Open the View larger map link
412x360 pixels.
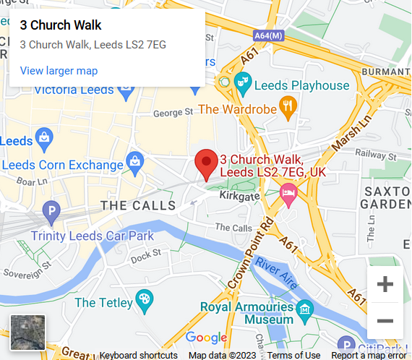pyautogui.click(x=59, y=71)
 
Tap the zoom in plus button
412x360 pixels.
pyautogui.click(x=385, y=284)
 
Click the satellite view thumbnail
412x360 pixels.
pyautogui.click(x=27, y=333)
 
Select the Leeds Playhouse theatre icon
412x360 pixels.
pyautogui.click(x=244, y=85)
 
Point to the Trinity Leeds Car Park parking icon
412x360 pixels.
pyautogui.click(x=51, y=212)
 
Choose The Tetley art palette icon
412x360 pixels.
pyautogui.click(x=145, y=299)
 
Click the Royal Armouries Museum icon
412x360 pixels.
pyautogui.click(x=304, y=309)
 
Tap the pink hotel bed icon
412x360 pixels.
pyautogui.click(x=288, y=194)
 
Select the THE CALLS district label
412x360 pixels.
pyautogui.click(x=137, y=206)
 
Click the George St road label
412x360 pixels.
pyautogui.click(x=173, y=113)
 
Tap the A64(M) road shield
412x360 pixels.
pyautogui.click(x=268, y=35)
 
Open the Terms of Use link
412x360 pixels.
pyautogui.click(x=293, y=355)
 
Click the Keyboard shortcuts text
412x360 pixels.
pyautogui.click(x=138, y=355)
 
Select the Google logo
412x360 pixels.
pyautogui.click(x=206, y=338)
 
